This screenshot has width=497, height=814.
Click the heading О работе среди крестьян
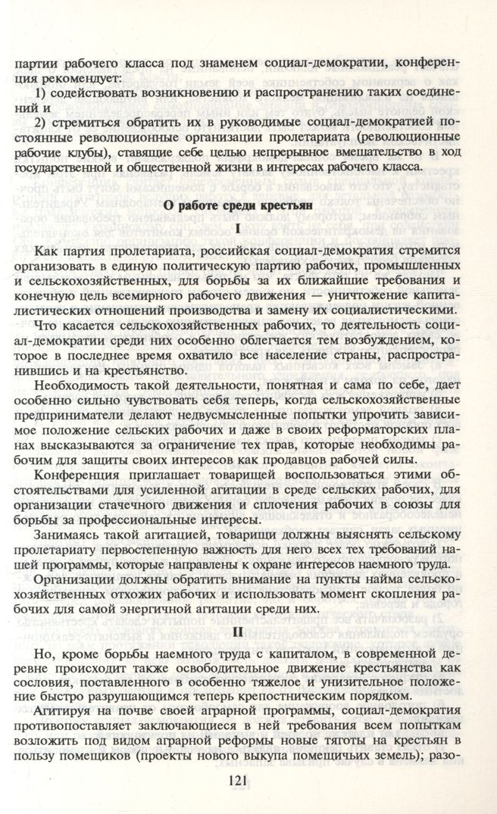(x=248, y=204)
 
